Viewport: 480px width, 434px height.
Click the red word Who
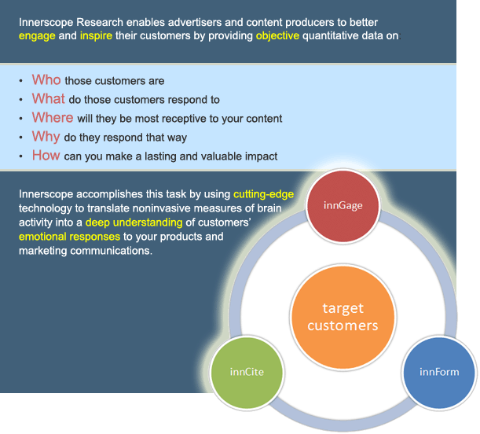point(46,80)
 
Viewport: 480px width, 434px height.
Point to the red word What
point(49,99)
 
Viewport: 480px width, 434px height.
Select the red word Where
point(53,118)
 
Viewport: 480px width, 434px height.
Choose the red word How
point(46,156)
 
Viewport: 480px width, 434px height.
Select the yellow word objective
point(277,36)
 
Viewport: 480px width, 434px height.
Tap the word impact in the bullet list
point(261,156)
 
